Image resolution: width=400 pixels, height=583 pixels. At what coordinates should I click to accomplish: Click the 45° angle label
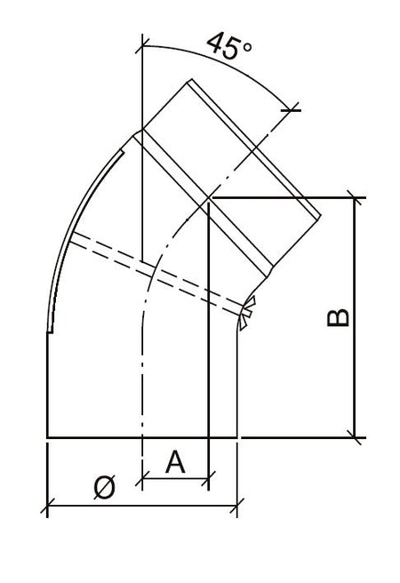(x=228, y=46)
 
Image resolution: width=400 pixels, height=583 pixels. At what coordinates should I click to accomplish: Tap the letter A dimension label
(x=175, y=461)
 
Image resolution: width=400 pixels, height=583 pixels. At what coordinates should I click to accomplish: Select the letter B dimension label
(x=339, y=317)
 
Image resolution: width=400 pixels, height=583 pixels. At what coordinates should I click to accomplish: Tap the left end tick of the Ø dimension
(x=46, y=508)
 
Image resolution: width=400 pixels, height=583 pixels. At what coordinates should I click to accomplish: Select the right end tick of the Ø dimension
(x=237, y=508)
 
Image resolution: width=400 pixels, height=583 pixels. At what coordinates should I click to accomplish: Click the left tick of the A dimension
(x=142, y=481)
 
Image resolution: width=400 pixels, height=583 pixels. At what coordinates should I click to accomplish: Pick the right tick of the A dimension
(x=207, y=481)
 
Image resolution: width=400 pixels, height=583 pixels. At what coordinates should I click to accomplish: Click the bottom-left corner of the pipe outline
(x=46, y=437)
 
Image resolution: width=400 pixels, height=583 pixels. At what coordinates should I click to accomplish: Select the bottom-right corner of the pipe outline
(x=237, y=437)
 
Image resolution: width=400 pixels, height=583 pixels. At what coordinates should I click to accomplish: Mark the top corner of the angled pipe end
(x=188, y=82)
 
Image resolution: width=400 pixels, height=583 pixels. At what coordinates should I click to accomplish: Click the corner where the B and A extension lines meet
(x=207, y=197)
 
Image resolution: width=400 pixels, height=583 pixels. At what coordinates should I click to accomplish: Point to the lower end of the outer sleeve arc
(x=53, y=333)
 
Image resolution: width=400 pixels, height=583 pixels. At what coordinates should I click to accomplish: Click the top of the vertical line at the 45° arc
(x=142, y=37)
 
